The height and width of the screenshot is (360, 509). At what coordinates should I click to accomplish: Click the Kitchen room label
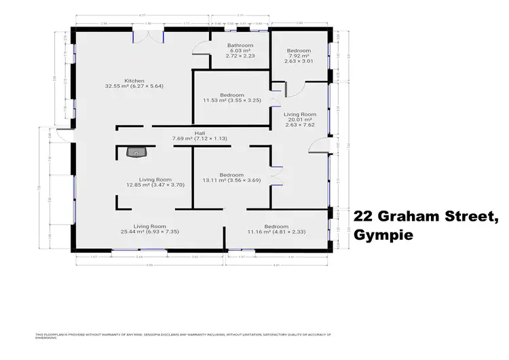(x=134, y=80)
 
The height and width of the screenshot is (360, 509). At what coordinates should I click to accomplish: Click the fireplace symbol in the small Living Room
(x=137, y=153)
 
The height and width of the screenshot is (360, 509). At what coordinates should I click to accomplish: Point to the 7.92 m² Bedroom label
(x=299, y=51)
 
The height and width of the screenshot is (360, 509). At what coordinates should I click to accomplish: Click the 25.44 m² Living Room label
(x=150, y=226)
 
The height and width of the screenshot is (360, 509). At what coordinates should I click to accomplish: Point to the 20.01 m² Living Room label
(x=299, y=114)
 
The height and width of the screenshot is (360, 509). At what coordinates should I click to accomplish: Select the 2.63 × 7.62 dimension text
(x=299, y=126)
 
